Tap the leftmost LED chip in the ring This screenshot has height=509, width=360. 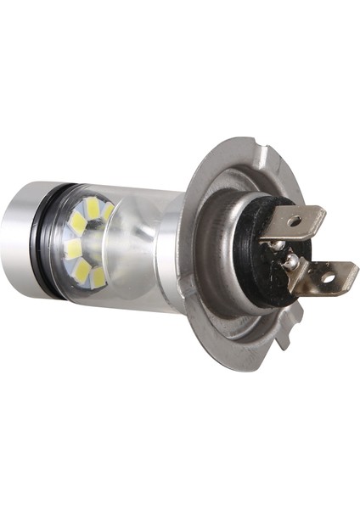(x=73, y=249)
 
